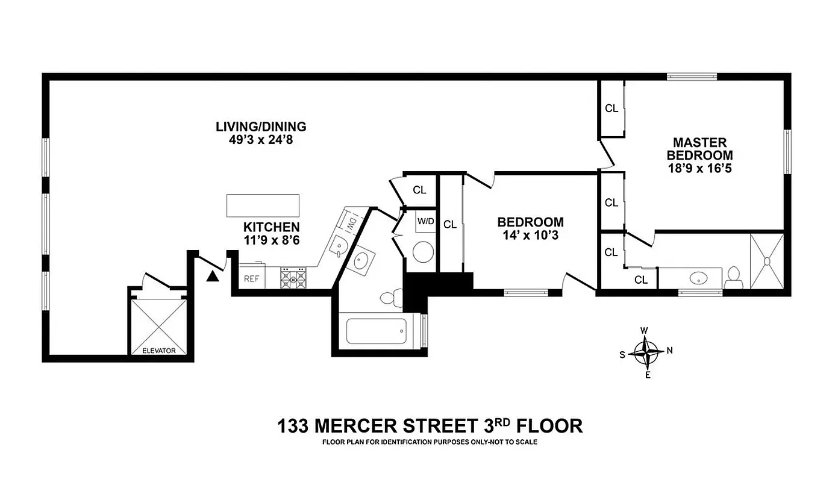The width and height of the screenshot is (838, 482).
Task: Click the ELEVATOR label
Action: click(x=159, y=350)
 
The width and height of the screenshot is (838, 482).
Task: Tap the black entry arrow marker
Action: click(x=212, y=277)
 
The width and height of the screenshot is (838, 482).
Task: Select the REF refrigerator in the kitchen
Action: click(x=251, y=279)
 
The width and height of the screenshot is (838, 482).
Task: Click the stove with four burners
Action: click(x=293, y=278)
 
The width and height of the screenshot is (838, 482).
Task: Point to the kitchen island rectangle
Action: click(x=263, y=205)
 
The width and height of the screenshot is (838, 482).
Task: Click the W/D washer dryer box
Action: click(x=425, y=221)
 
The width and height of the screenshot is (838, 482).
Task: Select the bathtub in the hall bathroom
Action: click(x=376, y=331)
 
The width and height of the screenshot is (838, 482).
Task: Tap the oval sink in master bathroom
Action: click(x=698, y=278)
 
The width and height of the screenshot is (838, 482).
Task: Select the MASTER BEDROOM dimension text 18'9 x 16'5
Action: click(x=699, y=168)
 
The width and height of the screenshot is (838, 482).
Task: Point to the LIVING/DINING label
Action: click(x=261, y=127)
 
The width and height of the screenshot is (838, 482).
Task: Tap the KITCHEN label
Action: click(x=271, y=227)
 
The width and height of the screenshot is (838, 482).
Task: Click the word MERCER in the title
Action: click(x=355, y=426)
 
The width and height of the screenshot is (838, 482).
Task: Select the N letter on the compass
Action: click(x=669, y=351)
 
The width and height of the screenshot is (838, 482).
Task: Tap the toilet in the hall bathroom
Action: click(x=391, y=296)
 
